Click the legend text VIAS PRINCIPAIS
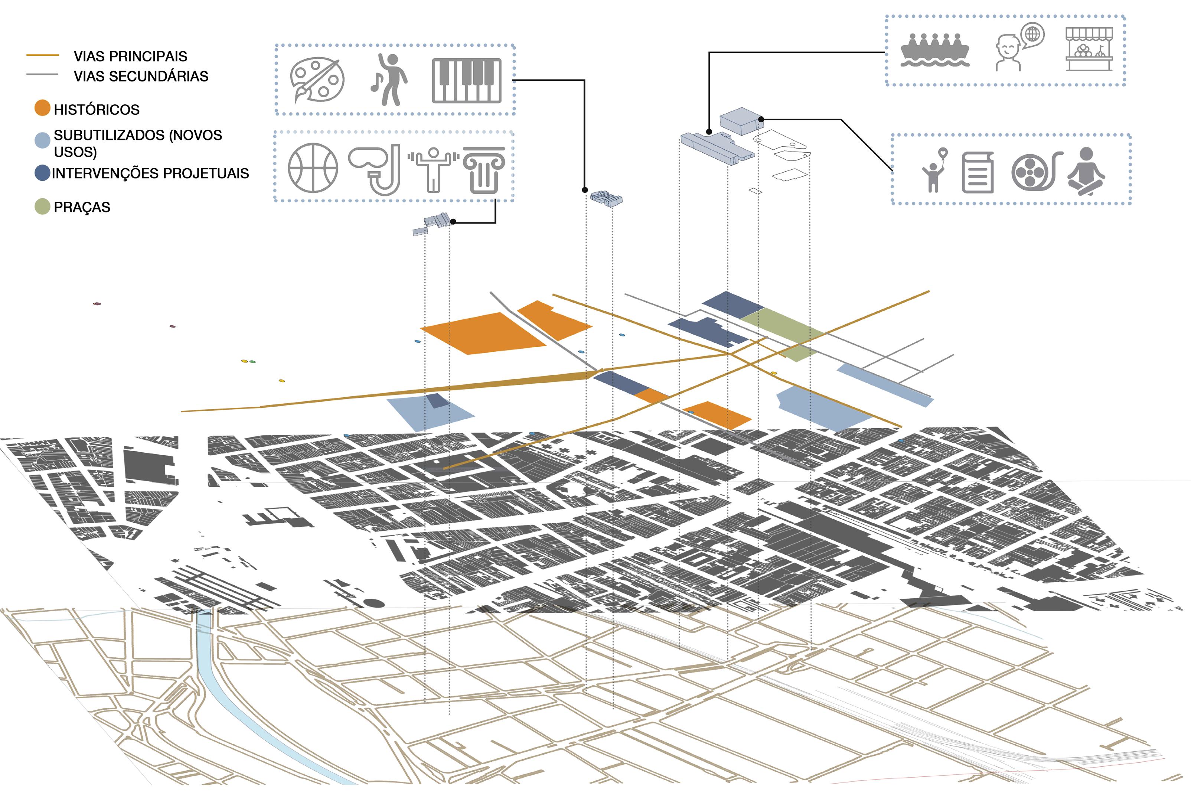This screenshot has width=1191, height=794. point(130,56)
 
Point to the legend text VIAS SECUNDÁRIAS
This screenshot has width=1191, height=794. point(141,77)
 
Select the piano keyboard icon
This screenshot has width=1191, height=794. point(466,81)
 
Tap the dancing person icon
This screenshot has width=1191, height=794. point(389,79)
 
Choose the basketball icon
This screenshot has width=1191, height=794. point(313,168)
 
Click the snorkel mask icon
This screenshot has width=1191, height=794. point(375,169)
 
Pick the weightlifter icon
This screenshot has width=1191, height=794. point(433,170)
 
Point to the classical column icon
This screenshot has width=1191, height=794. point(484,170)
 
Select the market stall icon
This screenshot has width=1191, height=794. point(1089,49)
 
